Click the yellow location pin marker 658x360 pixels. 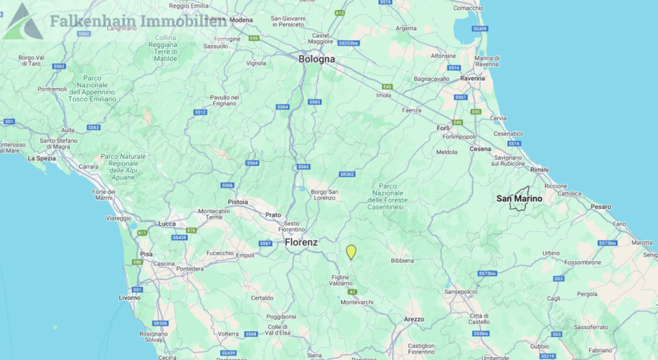[x=351, y=251]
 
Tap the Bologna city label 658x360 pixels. [x=316, y=59]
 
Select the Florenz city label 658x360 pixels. [x=301, y=243]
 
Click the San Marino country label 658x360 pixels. [x=519, y=198]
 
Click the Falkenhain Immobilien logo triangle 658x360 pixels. [x=23, y=21]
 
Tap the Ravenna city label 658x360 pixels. [x=472, y=78]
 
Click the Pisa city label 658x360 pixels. [x=146, y=253]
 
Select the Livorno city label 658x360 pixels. [x=130, y=297]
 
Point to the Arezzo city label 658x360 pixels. [x=413, y=318]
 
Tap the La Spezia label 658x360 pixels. [x=41, y=158]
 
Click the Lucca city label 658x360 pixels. [x=167, y=223]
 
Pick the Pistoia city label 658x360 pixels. [x=237, y=202]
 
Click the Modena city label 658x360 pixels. [x=242, y=20]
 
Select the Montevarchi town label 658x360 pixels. [x=357, y=302]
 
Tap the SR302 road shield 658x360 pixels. [x=347, y=174]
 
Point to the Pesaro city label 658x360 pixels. [x=601, y=206]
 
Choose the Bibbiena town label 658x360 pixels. [x=402, y=261]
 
